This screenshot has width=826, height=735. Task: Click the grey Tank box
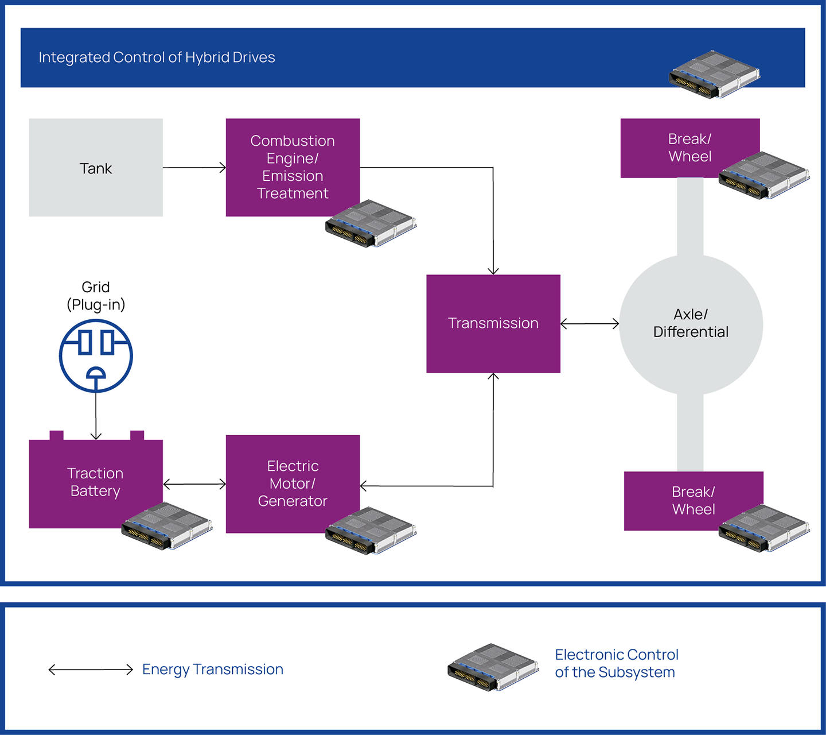coord(96,167)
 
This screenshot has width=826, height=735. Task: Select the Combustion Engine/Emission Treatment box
coord(293,167)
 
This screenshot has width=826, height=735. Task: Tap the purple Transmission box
coord(493,324)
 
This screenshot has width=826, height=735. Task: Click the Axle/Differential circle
coord(691,324)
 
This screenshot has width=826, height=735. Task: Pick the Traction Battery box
coord(96,482)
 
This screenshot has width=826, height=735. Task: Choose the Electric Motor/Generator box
coord(293,484)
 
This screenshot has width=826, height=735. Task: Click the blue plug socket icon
coord(96,356)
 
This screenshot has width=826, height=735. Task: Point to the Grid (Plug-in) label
coord(96,296)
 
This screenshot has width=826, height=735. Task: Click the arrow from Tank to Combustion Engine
coord(194,167)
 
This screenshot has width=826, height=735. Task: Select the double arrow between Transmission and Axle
coord(590,324)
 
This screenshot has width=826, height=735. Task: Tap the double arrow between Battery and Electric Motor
coord(194,484)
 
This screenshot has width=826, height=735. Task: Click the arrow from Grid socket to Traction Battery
coord(96,416)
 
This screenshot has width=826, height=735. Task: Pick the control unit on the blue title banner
coord(714,74)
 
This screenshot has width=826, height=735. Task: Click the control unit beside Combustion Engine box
coord(371,223)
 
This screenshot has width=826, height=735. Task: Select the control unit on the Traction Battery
coord(167,527)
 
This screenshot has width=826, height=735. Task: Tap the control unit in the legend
coord(493,667)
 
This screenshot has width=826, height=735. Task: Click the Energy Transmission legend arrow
coord(91,670)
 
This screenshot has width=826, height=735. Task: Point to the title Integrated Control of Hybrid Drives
coord(157,57)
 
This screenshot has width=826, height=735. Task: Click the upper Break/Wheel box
coord(690,148)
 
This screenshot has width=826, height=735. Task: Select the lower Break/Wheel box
coord(693,501)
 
